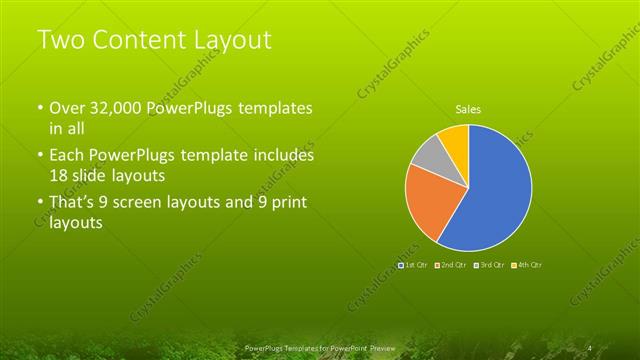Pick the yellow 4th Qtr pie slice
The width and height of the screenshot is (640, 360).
click(453, 138)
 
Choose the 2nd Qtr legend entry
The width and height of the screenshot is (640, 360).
click(451, 265)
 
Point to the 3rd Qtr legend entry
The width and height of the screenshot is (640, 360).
click(489, 265)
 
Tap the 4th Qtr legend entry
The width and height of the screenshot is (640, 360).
click(527, 265)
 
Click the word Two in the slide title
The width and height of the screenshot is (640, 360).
click(59, 41)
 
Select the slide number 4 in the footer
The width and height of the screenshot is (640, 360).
click(591, 347)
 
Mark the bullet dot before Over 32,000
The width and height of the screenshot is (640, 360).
click(40, 109)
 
